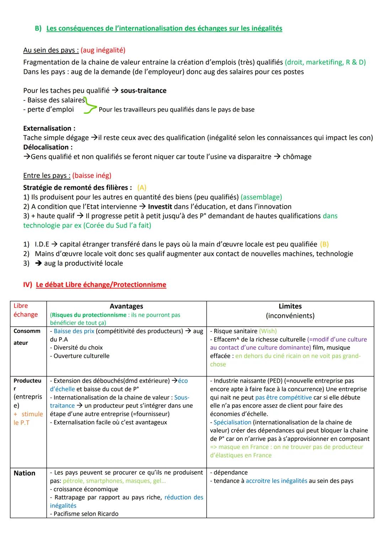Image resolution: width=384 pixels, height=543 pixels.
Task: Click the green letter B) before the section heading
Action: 38,28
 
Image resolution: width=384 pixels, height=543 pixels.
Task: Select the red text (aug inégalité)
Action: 103,50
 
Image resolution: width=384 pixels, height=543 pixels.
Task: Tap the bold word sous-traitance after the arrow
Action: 143,91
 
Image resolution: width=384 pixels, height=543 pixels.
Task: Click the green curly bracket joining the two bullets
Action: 89,106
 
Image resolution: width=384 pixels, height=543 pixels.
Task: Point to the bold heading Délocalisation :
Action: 48,147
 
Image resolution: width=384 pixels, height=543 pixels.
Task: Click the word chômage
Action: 297,157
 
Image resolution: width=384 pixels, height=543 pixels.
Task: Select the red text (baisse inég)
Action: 92,176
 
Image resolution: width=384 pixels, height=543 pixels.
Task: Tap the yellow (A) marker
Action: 142,188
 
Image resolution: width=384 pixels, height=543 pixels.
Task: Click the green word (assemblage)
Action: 261,197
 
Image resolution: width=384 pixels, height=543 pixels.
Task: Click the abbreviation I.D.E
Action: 42,244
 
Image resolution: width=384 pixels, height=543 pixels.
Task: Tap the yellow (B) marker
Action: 324,244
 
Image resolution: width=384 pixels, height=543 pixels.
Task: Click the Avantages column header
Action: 126,306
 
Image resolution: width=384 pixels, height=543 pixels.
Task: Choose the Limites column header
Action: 290,306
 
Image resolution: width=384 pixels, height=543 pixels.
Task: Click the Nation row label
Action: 25,473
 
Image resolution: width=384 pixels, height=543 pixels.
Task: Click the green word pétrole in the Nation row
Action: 73,481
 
